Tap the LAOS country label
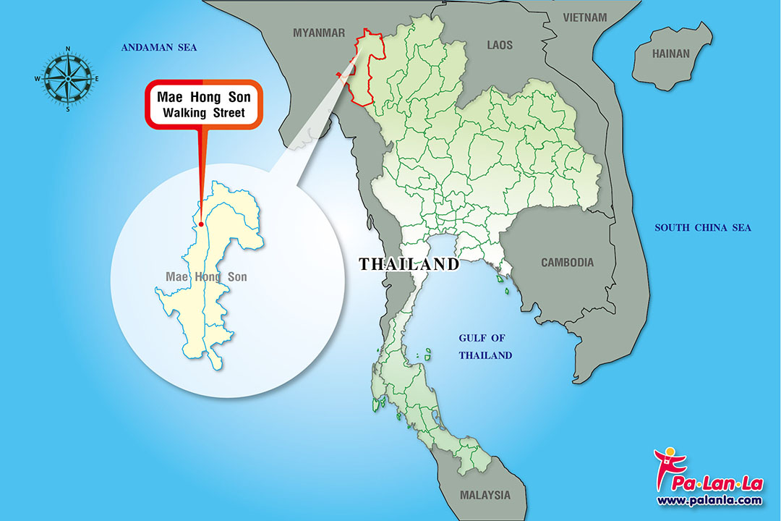pyautogui.click(x=499, y=45)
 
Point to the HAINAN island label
pyautogui.click(x=671, y=54)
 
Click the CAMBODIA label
pyautogui.click(x=567, y=263)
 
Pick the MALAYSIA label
pyautogui.click(x=485, y=496)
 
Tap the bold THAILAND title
pyautogui.click(x=409, y=264)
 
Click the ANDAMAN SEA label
pyautogui.click(x=159, y=48)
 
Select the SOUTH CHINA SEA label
pyautogui.click(x=703, y=228)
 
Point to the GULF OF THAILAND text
pyautogui.click(x=485, y=347)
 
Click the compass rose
pyautogui.click(x=67, y=78)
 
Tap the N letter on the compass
pyautogui.click(x=68, y=49)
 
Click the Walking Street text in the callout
pyautogui.click(x=203, y=113)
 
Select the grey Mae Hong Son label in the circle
pyautogui.click(x=206, y=277)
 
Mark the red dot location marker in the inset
pyautogui.click(x=200, y=223)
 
